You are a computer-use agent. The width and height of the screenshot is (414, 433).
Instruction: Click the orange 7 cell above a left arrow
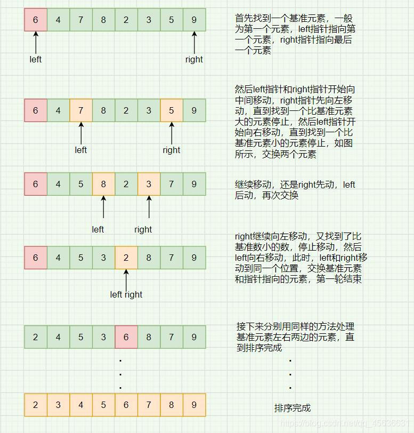click(80, 110)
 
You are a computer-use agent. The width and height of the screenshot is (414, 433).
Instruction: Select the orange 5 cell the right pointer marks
click(171, 110)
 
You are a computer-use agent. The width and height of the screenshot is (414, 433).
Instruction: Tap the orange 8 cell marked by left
click(103, 184)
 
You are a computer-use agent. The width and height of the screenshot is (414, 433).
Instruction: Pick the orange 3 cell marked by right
click(149, 184)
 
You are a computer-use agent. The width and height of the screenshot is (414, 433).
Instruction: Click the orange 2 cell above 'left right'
click(126, 258)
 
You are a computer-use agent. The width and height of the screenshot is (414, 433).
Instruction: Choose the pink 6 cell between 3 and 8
click(126, 337)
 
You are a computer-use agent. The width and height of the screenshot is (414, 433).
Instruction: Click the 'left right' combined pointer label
click(126, 294)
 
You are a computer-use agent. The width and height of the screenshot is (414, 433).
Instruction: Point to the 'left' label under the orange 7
click(80, 150)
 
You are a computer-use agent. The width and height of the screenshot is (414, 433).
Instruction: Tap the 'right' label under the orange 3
click(143, 229)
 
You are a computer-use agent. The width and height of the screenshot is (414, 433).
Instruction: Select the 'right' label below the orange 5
click(171, 150)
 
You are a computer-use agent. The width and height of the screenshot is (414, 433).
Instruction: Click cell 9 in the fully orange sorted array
click(194, 405)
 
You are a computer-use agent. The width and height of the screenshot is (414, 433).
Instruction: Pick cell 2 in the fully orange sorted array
click(35, 405)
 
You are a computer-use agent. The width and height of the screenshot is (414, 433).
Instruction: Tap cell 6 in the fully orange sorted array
click(126, 405)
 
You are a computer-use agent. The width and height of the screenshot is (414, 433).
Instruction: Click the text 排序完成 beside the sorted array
click(292, 408)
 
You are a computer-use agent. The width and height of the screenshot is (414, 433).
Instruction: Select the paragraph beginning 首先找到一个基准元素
click(296, 34)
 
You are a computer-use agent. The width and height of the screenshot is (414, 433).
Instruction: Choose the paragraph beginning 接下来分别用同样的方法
click(296, 337)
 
